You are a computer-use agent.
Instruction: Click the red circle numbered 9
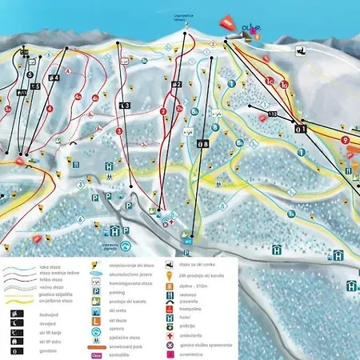(x=346, y=139)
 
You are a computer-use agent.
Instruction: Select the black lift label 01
(x=300, y=127)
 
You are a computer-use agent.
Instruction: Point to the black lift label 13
(x=124, y=106)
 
